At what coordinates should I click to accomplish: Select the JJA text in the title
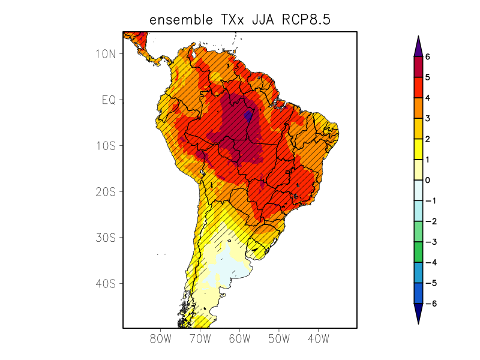[x=258, y=20]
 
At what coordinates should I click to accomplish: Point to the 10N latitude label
[x=106, y=53]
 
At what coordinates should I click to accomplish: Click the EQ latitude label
[x=108, y=100]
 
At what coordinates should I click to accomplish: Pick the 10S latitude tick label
[x=106, y=146]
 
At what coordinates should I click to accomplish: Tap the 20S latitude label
[x=106, y=192]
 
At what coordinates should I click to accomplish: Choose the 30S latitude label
[x=106, y=238]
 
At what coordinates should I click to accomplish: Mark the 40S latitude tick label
[x=106, y=283]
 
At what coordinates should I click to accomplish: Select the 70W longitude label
[x=200, y=339]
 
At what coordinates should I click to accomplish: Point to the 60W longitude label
[x=239, y=339]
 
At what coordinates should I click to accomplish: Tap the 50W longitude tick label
[x=279, y=339]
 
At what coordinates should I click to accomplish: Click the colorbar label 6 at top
[x=428, y=56]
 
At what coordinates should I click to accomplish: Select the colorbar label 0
[x=428, y=180]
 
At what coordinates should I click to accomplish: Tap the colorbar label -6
[x=430, y=304]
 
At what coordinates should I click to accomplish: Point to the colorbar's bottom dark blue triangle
[x=418, y=313]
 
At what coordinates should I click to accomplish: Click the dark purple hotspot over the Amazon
[x=248, y=114]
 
